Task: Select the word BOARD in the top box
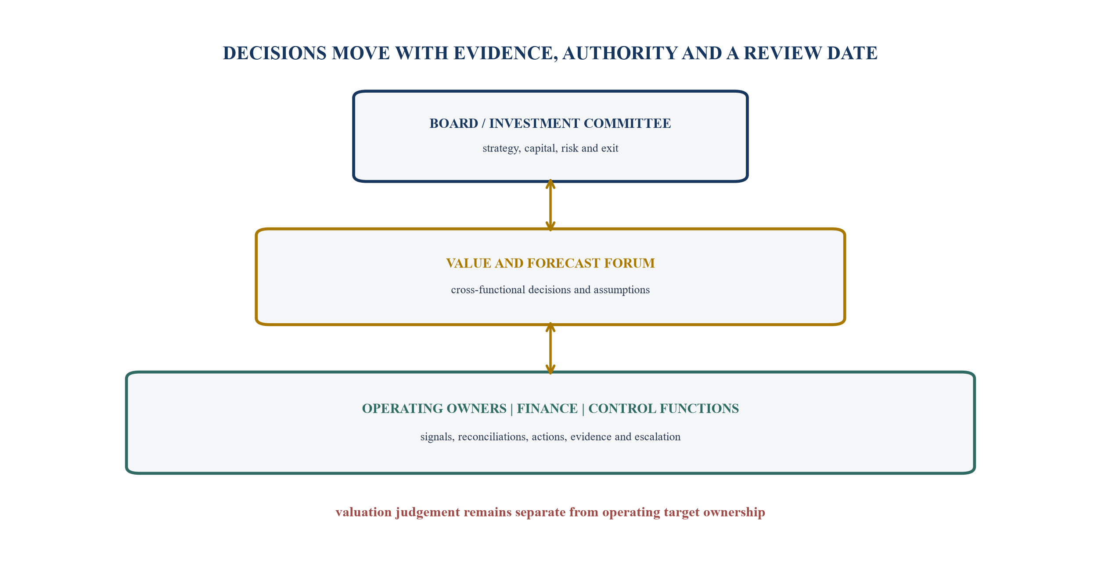coord(453,123)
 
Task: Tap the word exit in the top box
coord(610,148)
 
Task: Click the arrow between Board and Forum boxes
coord(550,205)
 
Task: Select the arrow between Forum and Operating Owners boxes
coord(550,348)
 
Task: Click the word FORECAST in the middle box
coord(564,263)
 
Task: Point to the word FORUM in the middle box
coord(630,263)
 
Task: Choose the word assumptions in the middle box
coord(622,290)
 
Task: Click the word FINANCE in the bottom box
coord(547,408)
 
